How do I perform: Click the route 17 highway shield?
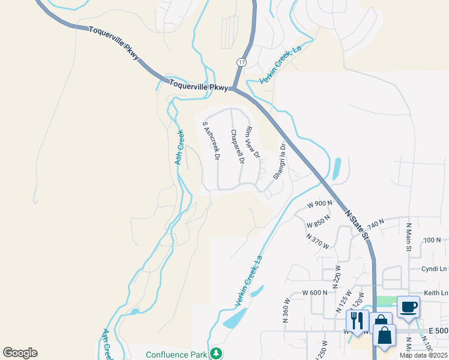(241, 62)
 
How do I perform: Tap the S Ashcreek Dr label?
(211, 141)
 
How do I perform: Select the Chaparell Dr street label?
(237, 147)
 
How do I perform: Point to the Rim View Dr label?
(252, 143)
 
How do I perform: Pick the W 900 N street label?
(319, 203)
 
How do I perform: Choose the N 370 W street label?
(318, 241)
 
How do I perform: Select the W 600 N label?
(315, 292)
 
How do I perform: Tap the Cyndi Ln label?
(435, 269)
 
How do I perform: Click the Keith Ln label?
(436, 293)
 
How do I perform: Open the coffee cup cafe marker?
(408, 307)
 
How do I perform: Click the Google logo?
(20, 353)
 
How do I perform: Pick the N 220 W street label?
(337, 275)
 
